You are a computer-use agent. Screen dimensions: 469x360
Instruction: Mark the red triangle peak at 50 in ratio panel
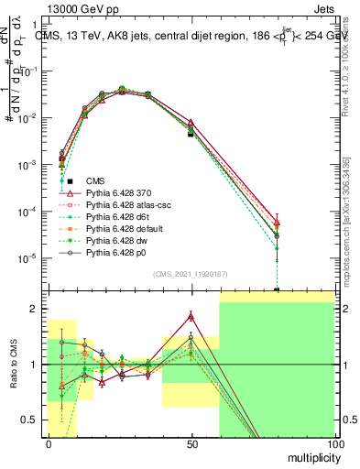pyautogui.click(x=191, y=316)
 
